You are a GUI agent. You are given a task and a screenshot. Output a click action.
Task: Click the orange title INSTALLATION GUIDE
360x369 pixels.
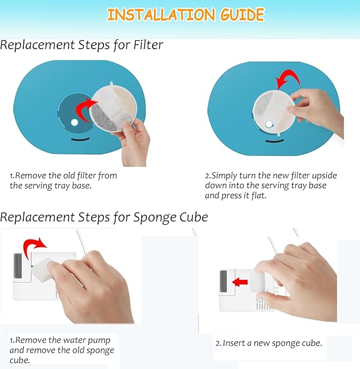coord(185,14)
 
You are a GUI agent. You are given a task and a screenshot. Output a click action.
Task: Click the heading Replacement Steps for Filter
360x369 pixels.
coord(81,46)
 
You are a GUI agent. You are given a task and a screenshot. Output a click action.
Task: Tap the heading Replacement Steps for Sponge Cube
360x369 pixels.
coord(104,217)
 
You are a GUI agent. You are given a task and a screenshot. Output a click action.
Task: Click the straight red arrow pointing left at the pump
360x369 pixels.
coord(240,282)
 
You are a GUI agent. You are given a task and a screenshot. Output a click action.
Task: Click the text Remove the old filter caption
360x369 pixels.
coord(63,180)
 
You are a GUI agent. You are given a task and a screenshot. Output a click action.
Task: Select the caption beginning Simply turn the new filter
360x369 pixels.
coord(270,185)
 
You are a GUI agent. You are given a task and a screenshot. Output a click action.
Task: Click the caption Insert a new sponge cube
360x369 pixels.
coord(268,343)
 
